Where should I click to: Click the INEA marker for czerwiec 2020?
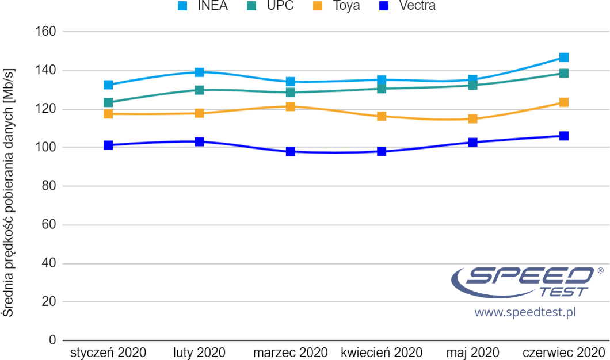pos(564,58)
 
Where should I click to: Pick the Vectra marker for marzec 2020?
pos(291,152)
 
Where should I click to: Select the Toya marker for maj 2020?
pos(473,119)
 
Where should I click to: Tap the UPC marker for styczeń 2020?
pos(108,103)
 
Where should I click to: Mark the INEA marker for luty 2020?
pos(200,72)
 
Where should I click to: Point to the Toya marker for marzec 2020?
pos(291,106)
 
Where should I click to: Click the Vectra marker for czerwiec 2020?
pos(564,136)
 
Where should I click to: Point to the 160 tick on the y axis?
pos(45,32)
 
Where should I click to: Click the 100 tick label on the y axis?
pos(45,148)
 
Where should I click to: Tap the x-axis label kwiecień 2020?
pos(382,352)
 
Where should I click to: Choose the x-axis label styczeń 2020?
pos(108,352)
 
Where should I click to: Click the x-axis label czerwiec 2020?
pos(564,352)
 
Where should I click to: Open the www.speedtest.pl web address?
pos(525,312)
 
